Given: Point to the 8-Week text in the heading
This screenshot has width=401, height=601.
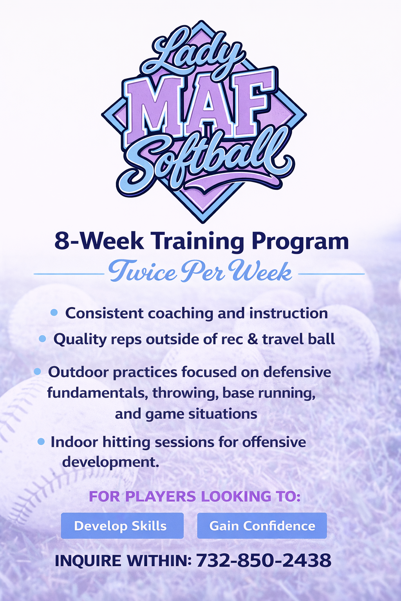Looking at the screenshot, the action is click(x=99, y=241).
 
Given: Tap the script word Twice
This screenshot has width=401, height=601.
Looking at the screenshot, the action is click(x=143, y=271).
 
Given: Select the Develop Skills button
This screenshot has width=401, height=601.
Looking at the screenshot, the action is click(x=122, y=525).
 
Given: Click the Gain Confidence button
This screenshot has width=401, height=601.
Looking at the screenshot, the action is click(x=262, y=525).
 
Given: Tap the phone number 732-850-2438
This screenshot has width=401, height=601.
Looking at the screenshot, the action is click(x=264, y=560).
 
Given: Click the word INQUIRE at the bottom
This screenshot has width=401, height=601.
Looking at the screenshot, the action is click(x=88, y=561).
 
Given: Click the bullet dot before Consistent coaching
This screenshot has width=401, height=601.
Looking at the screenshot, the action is click(x=54, y=312).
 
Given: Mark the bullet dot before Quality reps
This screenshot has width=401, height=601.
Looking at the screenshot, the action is click(x=42, y=338).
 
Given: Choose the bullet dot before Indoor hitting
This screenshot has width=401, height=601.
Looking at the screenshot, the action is click(x=41, y=442).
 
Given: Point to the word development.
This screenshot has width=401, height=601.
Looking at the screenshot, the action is click(x=111, y=462).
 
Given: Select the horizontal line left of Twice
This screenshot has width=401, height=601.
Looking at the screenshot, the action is click(x=69, y=274).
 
